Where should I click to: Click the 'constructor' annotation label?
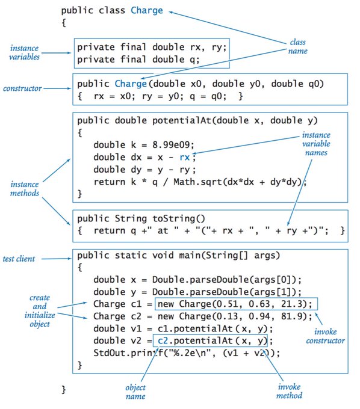click(22, 88)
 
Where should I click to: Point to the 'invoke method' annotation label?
click(289, 392)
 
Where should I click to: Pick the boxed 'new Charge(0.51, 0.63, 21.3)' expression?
click(235, 303)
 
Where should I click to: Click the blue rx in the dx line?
click(188, 158)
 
